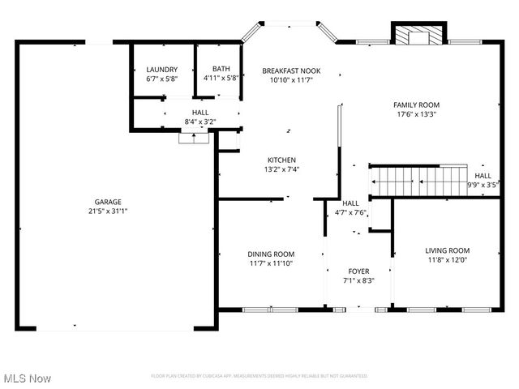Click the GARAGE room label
pyautogui.click(x=107, y=201)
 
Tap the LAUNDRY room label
pyautogui.click(x=161, y=70)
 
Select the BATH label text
pyautogui.click(x=221, y=70)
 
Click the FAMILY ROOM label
pyautogui.click(x=416, y=105)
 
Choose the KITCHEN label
pyautogui.click(x=282, y=160)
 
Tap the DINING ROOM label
pyautogui.click(x=271, y=254)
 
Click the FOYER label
pyautogui.click(x=358, y=271)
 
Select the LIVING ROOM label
pyautogui.click(x=448, y=250)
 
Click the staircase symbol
pyautogui.click(x=418, y=180)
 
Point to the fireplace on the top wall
pyautogui.click(x=418, y=36)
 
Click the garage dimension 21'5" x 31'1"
pyautogui.click(x=107, y=211)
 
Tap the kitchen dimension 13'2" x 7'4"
pyautogui.click(x=282, y=169)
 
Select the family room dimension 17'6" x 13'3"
pyautogui.click(x=416, y=114)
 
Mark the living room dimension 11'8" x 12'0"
pyautogui.click(x=448, y=260)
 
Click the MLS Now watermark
pyautogui.click(x=27, y=378)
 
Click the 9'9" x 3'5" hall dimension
pyautogui.click(x=483, y=185)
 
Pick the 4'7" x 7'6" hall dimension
pyautogui.click(x=351, y=212)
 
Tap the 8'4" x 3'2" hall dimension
pyautogui.click(x=200, y=122)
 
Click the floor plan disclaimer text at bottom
pyautogui.click(x=259, y=376)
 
